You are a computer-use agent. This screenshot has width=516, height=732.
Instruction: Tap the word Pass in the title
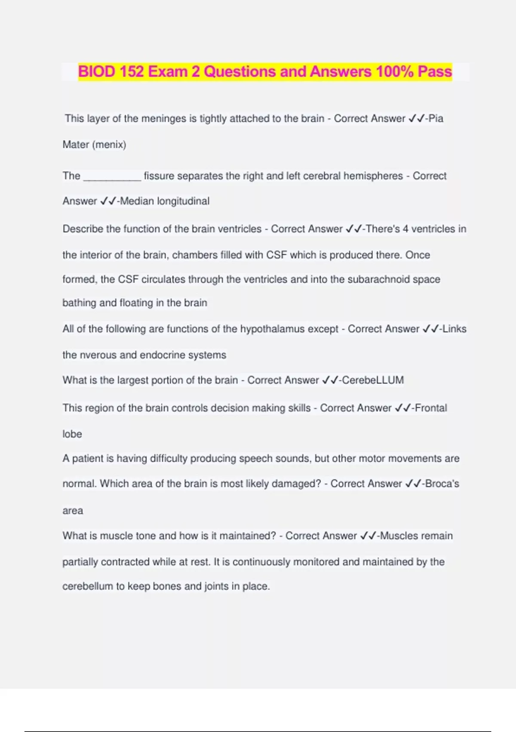pyautogui.click(x=434, y=71)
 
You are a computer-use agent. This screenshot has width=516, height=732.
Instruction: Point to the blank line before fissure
pyautogui.click(x=112, y=177)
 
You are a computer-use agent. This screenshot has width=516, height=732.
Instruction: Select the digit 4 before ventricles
pyautogui.click(x=405, y=229)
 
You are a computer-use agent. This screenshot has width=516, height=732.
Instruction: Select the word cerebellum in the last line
pyautogui.click(x=87, y=586)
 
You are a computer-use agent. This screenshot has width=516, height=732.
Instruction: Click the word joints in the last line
pyautogui.click(x=216, y=586)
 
